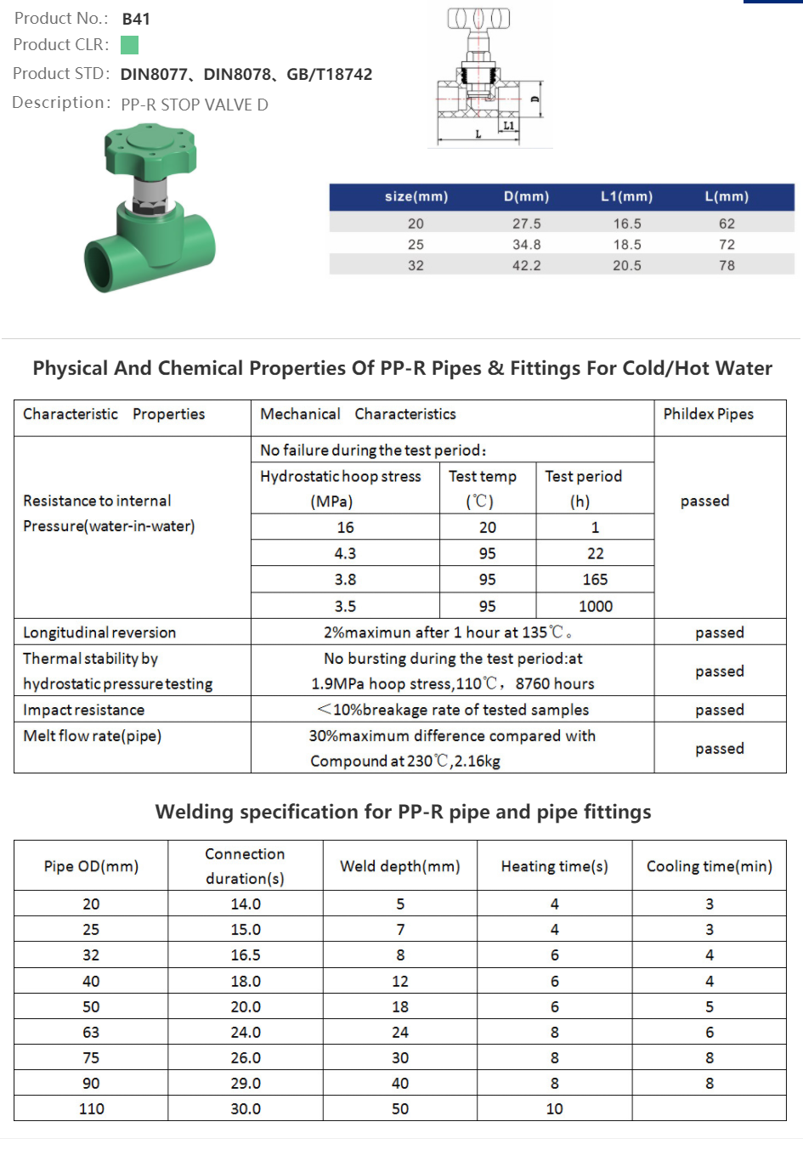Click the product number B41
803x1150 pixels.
[136, 19]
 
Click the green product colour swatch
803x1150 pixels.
[129, 45]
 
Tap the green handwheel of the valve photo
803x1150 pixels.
[151, 148]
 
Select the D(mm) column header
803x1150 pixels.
[526, 196]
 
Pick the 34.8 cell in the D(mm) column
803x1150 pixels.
[526, 245]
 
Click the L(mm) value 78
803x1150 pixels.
[727, 265]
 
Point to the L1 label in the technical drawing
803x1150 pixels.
[508, 126]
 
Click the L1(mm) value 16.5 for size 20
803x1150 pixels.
[627, 224]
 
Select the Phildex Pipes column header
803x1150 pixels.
[708, 414]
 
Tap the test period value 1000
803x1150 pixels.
[595, 606]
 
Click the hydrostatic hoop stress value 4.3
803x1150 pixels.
[345, 553]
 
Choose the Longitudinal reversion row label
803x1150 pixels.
[99, 632]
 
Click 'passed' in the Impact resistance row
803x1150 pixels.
[719, 710]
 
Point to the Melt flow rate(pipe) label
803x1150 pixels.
[92, 736]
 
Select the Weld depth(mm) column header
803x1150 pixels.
[399, 866]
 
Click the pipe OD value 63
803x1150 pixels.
[91, 1032]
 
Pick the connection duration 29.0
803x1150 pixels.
[246, 1083]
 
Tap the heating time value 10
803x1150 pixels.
[554, 1108]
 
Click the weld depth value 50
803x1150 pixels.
[399, 1108]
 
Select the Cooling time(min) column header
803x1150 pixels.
[709, 866]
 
